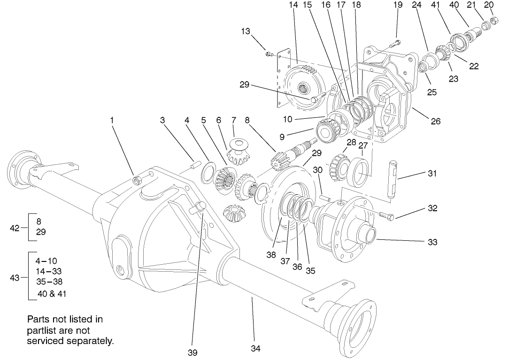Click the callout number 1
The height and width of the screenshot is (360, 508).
(x=112, y=120)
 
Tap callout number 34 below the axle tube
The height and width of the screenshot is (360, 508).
(x=255, y=348)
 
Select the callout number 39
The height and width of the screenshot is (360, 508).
(x=192, y=352)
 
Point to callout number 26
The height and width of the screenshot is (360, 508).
(x=435, y=121)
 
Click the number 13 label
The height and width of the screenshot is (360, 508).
(x=246, y=31)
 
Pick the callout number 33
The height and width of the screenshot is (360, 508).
(x=432, y=242)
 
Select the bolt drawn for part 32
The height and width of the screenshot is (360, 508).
(x=386, y=215)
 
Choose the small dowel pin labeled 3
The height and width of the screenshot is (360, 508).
(x=195, y=165)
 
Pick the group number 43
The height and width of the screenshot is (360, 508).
(x=15, y=278)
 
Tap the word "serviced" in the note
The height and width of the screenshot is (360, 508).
(x=46, y=341)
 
